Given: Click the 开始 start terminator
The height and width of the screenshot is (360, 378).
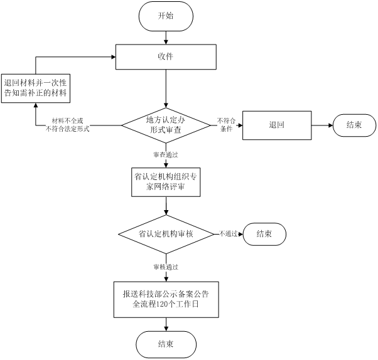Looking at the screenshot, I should (x=165, y=16).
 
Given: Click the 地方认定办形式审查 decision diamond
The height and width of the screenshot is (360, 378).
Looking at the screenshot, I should (x=166, y=125).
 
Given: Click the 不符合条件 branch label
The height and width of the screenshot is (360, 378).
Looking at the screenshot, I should (x=225, y=124).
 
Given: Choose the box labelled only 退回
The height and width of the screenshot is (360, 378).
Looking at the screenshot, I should (x=276, y=125).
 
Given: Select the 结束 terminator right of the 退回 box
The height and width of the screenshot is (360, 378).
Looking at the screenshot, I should (x=354, y=125).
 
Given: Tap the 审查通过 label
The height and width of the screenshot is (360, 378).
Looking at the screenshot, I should (x=166, y=154).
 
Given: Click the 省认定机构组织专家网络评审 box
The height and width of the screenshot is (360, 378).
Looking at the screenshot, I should (x=166, y=182).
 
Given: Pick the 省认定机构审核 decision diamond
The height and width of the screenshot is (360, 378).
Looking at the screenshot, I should (x=166, y=234).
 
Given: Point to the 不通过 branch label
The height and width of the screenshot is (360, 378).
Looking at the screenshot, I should (x=228, y=234).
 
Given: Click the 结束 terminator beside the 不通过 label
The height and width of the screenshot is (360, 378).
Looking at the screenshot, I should (x=265, y=234).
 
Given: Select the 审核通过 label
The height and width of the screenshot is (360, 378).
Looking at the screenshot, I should (x=166, y=267).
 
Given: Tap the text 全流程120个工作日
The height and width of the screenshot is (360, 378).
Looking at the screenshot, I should (x=165, y=305).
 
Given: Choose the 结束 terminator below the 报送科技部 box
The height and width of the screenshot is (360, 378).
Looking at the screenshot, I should (x=166, y=343).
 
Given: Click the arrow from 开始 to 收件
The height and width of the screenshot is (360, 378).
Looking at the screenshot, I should (x=166, y=36).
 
